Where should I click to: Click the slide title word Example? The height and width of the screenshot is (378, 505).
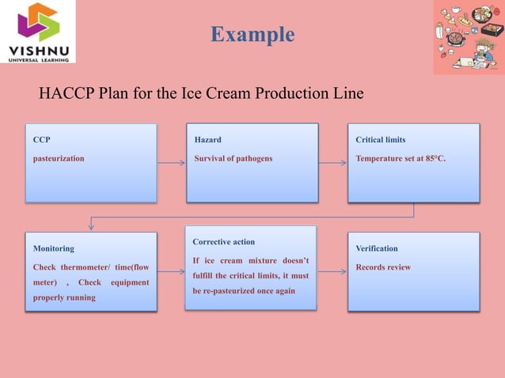click(252, 35)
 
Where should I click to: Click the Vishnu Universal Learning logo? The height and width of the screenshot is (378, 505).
click(38, 32)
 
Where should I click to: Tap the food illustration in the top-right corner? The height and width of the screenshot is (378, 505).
click(468, 37)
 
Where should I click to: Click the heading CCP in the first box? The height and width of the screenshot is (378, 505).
click(41, 140)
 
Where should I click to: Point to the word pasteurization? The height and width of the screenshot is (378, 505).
click(59, 158)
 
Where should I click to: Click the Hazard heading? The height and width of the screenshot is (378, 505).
click(208, 140)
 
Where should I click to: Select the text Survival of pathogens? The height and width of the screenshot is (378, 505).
click(234, 158)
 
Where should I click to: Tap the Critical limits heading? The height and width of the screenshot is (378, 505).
click(381, 140)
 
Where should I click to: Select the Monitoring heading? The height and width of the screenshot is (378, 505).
click(54, 248)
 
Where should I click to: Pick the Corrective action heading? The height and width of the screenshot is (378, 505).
click(224, 241)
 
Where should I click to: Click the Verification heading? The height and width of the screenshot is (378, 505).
click(377, 248)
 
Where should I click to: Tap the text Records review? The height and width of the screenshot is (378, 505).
click(384, 267)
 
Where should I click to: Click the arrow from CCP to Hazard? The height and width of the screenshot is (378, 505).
click(171, 163)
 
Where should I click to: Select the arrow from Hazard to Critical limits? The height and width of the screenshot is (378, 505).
click(332, 163)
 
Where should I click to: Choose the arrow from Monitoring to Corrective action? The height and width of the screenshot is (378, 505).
click(171, 271)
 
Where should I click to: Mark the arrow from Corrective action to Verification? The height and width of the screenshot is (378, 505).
click(332, 271)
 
